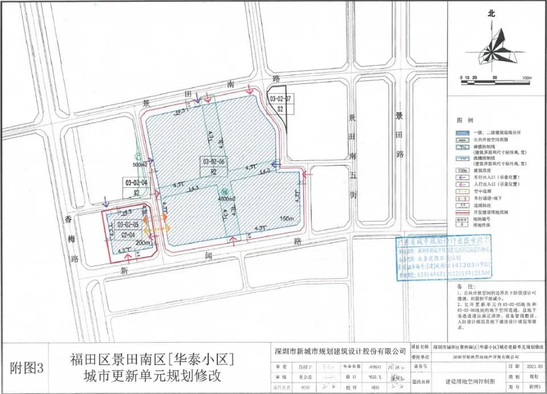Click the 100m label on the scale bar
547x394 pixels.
coord(526,78)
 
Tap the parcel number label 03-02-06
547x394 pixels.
coord(214,162)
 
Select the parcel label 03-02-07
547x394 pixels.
coord(280,99)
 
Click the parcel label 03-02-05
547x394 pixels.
coord(128,225)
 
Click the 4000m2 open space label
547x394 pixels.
coord(226,199)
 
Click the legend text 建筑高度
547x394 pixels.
coord(483,170)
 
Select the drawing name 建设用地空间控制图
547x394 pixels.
coord(464,380)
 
